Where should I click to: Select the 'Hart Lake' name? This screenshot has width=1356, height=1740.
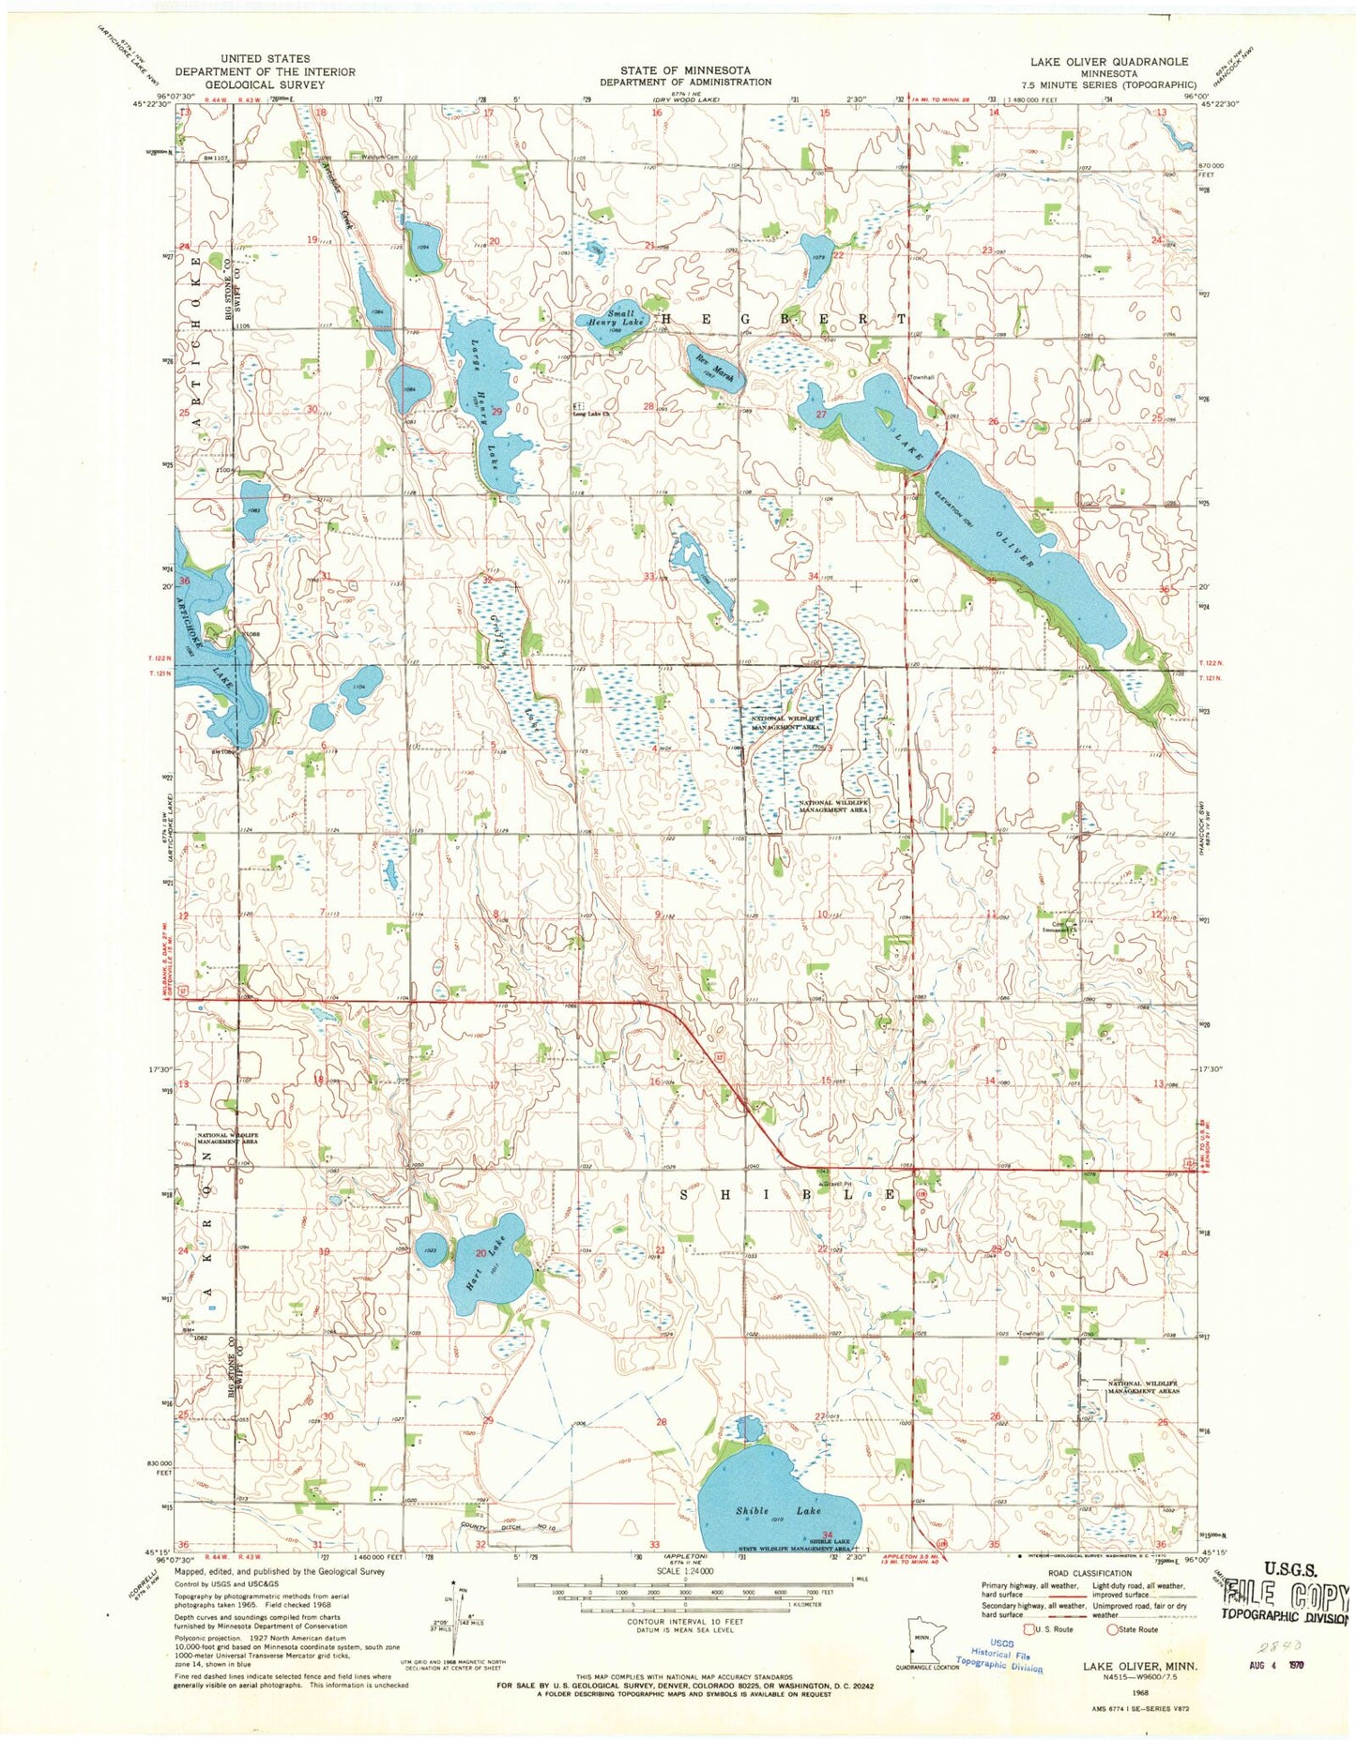click(x=489, y=1258)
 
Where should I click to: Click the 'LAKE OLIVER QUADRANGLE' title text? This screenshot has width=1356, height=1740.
click(x=1108, y=62)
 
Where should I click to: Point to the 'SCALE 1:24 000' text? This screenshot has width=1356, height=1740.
click(x=685, y=1570)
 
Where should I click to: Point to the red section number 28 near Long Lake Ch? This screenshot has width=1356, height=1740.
click(x=648, y=405)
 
